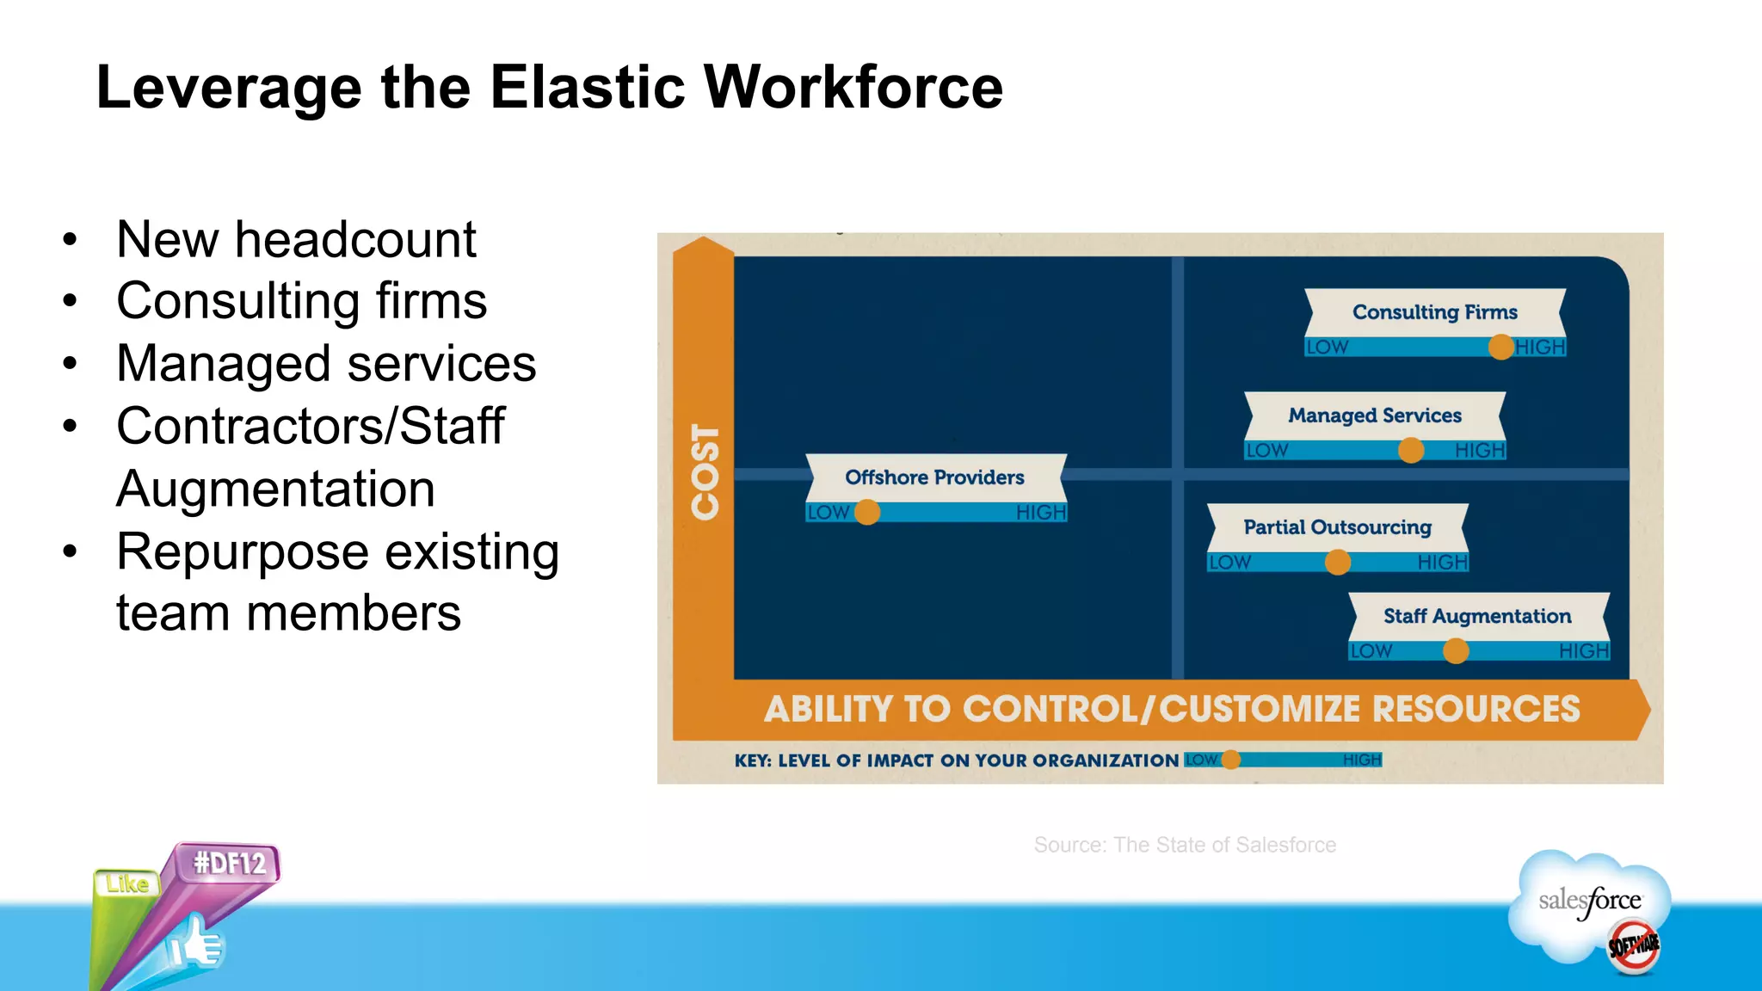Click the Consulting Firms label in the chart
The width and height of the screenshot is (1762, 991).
coord(1434,312)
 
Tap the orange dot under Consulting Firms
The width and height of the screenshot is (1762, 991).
coord(1501,347)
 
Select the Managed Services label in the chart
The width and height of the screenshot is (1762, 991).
coord(1374,415)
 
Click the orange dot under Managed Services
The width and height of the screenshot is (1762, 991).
coord(1411,450)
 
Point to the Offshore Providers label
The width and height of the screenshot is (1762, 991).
coord(934,477)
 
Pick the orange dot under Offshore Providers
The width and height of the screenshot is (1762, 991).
coord(867,512)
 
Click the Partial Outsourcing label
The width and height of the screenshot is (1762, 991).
coord(1337,527)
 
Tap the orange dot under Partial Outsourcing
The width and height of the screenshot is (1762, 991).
coord(1338,562)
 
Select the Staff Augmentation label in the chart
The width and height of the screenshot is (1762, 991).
coord(1477,616)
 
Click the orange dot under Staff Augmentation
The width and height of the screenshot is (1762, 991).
coord(1456,651)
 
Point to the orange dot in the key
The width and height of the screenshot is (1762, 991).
coord(1231,760)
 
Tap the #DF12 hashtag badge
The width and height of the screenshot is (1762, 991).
coord(229,863)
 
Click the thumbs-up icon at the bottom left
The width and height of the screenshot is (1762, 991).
coord(195,945)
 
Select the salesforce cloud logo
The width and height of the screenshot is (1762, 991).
coord(1589,903)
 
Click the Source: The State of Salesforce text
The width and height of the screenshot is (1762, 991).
coord(1185,845)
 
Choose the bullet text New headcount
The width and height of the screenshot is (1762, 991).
coord(296,239)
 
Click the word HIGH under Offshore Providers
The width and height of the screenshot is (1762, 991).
coord(1040,513)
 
